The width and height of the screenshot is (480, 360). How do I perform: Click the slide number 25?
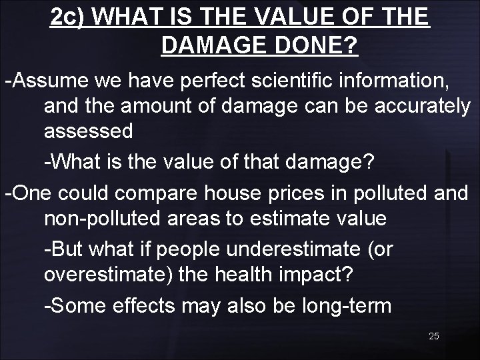433,336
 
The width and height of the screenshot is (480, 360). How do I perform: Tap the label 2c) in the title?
70,17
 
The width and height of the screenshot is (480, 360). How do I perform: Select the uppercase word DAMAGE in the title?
214,46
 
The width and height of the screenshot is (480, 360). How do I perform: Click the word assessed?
88,131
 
